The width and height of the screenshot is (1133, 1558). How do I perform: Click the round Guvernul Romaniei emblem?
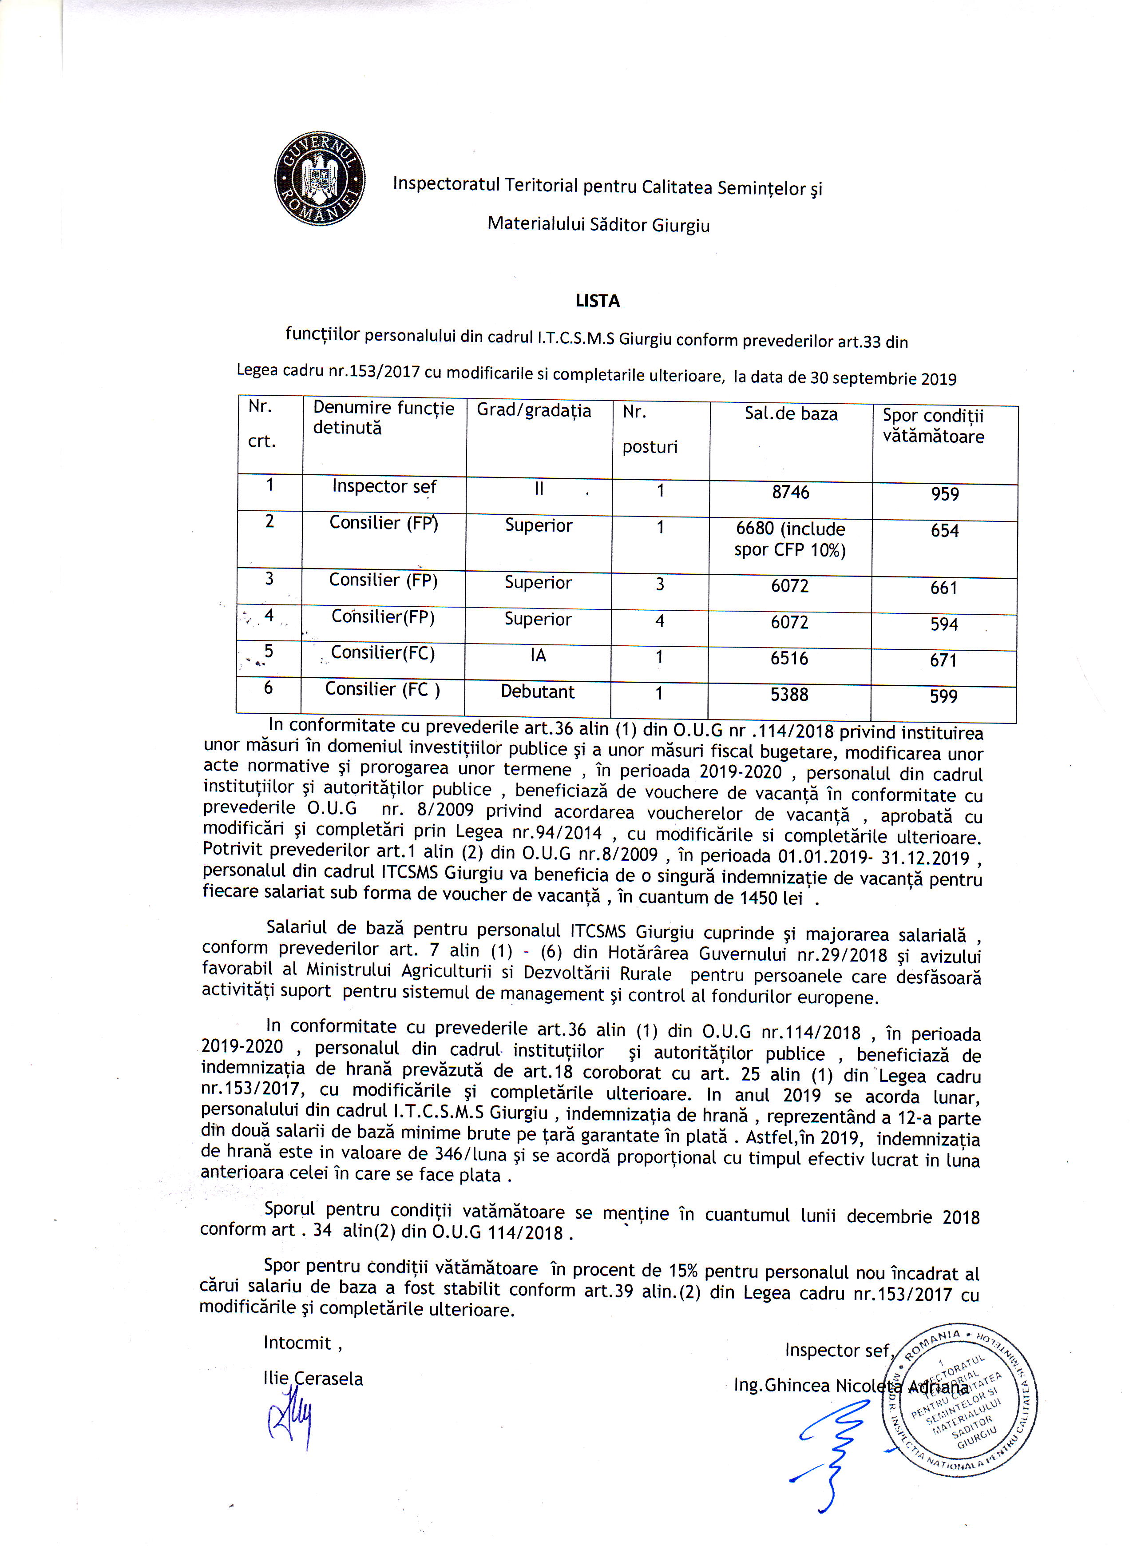point(319,178)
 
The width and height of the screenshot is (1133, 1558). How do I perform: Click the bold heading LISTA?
point(597,301)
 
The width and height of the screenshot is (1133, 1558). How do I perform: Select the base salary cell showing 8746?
point(790,493)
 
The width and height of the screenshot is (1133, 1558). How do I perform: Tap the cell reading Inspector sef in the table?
point(384,486)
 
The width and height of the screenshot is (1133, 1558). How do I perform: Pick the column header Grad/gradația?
point(534,411)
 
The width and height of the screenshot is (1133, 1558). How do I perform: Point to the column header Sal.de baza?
point(791,414)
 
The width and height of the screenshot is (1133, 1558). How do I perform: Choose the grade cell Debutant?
point(537,692)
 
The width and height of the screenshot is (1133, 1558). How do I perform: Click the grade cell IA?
point(538,656)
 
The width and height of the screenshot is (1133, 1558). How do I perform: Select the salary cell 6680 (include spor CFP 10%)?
point(790,539)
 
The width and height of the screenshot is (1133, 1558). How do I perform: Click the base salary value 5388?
point(789,695)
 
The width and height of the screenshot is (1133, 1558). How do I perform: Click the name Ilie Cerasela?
point(313,1379)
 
